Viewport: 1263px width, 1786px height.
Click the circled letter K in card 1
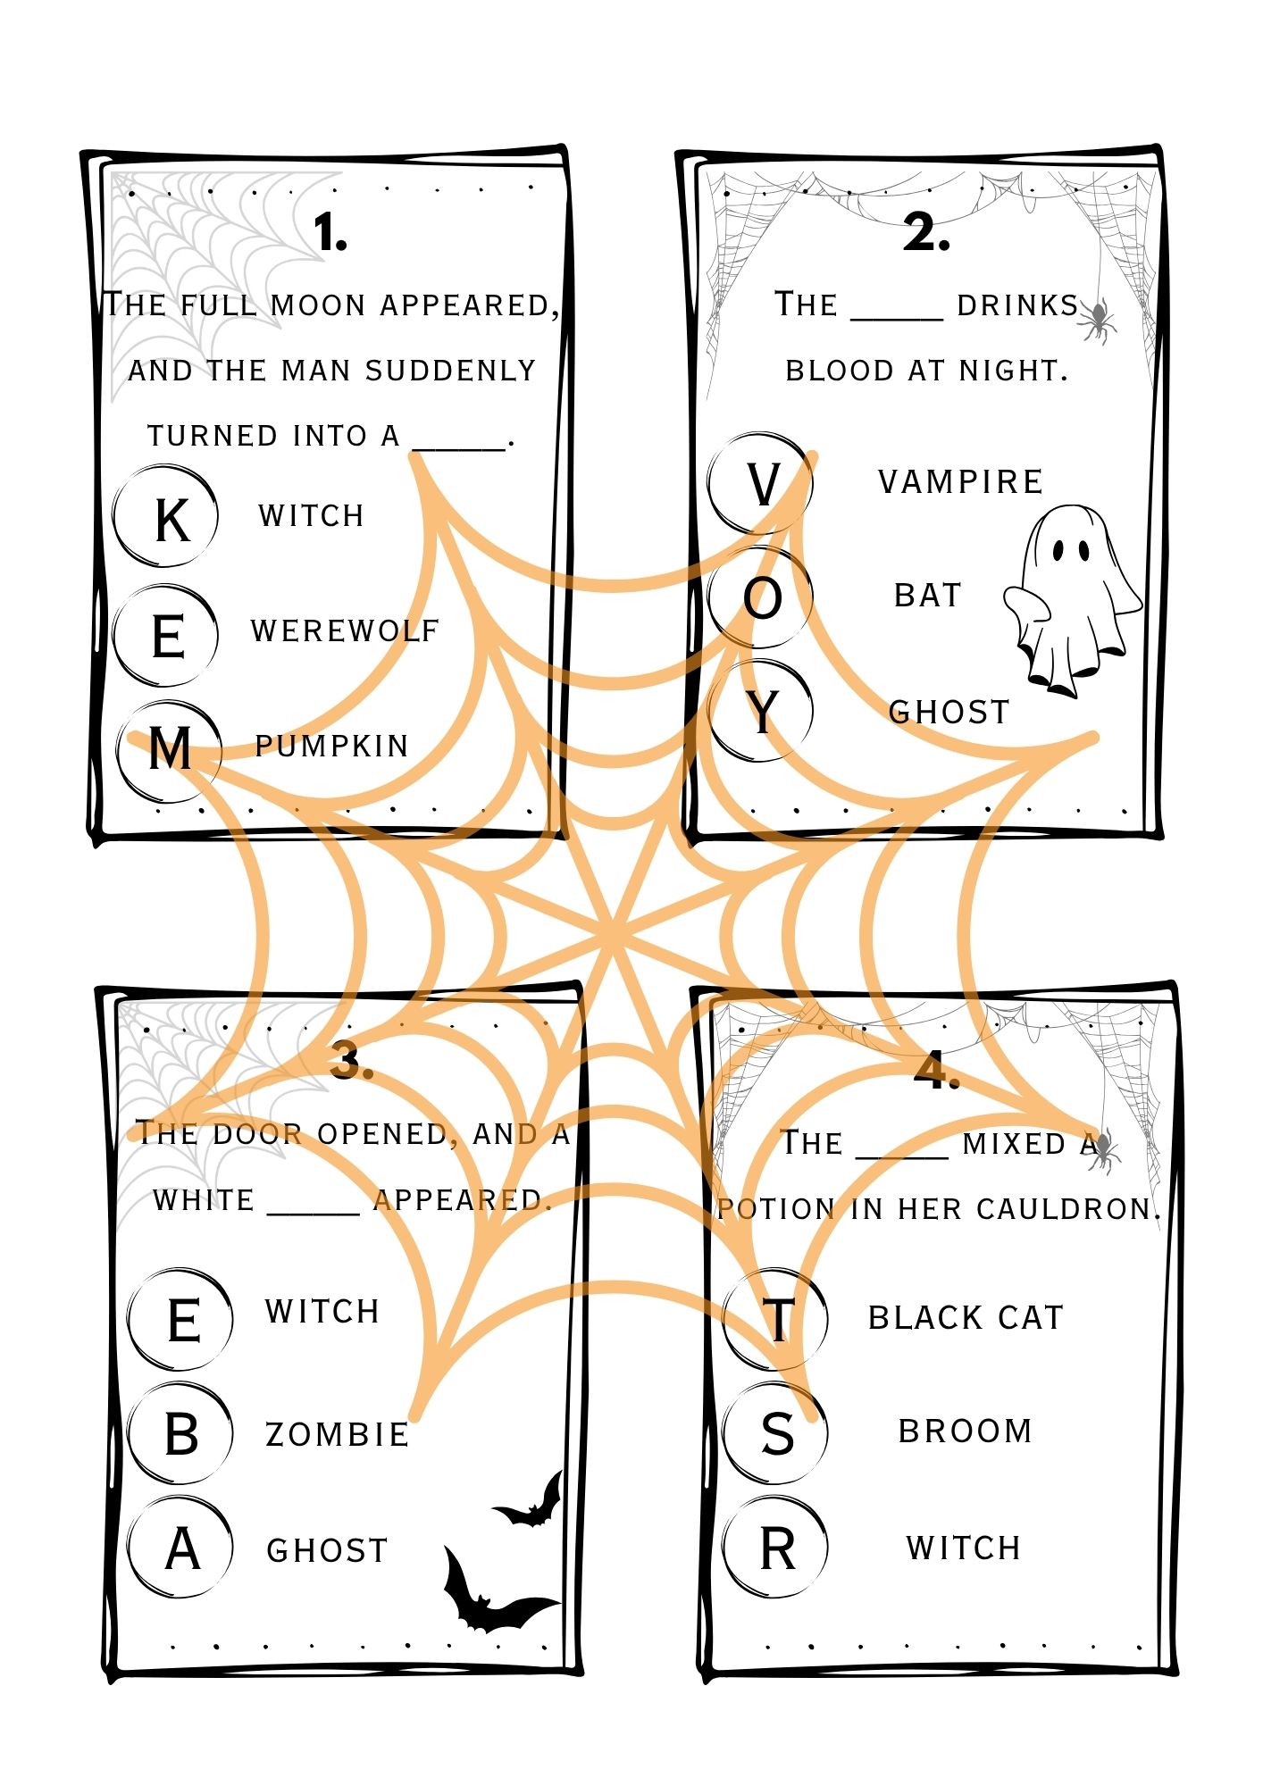pyautogui.click(x=167, y=517)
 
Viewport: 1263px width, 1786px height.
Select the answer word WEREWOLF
pyautogui.click(x=346, y=630)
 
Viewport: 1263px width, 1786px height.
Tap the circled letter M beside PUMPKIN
pyautogui.click(x=169, y=748)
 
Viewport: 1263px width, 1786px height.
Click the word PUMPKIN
pyautogui.click(x=331, y=746)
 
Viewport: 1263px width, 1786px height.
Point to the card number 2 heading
pyautogui.click(x=926, y=233)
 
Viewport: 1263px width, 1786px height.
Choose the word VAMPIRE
pyautogui.click(x=960, y=482)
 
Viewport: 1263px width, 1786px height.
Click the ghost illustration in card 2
pyautogui.click(x=1072, y=598)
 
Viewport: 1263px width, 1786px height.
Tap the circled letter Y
pyautogui.click(x=762, y=712)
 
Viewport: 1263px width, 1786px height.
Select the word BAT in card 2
pyautogui.click(x=928, y=596)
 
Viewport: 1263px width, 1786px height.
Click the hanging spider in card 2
pyautogui.click(x=1098, y=320)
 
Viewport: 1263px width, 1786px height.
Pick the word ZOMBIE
pyautogui.click(x=338, y=1435)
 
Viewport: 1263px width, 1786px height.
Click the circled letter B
pyautogui.click(x=181, y=1434)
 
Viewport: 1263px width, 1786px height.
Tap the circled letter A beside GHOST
pyautogui.click(x=181, y=1548)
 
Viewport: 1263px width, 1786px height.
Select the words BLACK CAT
pyautogui.click(x=966, y=1318)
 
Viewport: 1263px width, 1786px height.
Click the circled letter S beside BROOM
pyautogui.click(x=776, y=1434)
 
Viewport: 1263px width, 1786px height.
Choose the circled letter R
pyautogui.click(x=776, y=1548)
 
